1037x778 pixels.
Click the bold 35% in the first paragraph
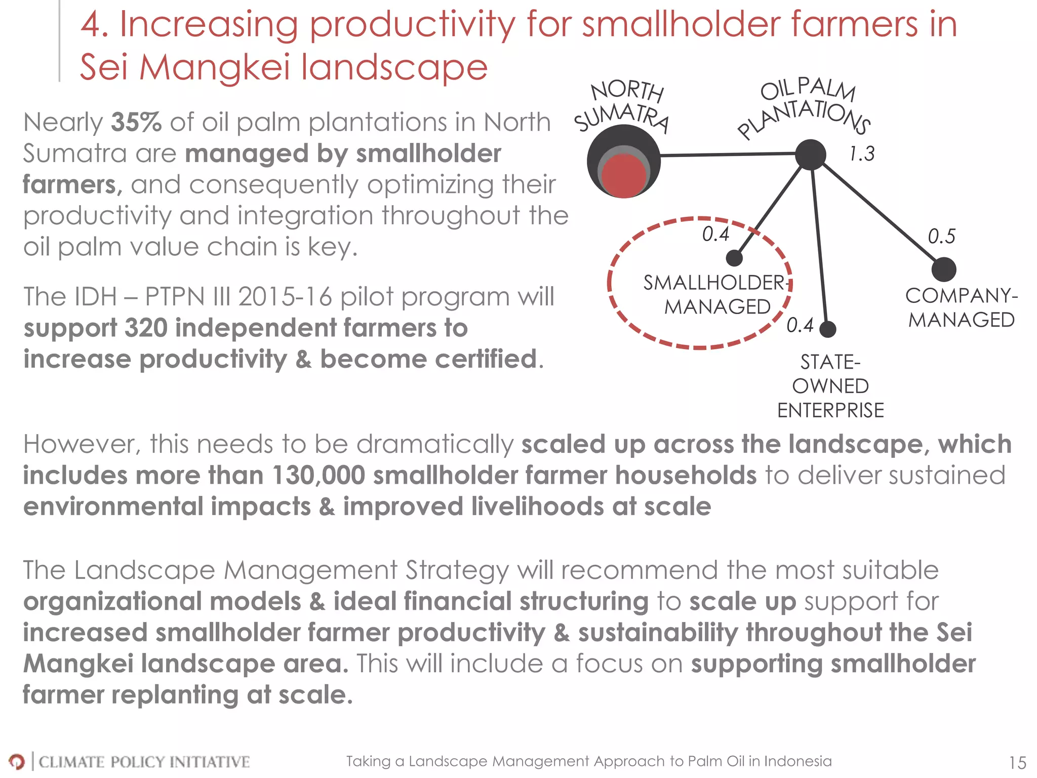136,122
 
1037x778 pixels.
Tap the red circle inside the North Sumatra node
625,175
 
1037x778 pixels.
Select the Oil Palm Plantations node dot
810,154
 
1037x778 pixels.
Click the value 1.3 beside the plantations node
861,153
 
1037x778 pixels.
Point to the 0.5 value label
941,237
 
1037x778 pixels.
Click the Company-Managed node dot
944,269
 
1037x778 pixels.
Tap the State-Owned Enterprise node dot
827,329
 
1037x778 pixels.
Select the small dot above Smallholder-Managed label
734,258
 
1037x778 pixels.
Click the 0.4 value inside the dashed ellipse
715,234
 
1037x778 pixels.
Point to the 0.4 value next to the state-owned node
800,325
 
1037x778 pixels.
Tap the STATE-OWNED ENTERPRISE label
830,386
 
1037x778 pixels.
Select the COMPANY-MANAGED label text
961,307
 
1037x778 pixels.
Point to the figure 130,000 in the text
318,476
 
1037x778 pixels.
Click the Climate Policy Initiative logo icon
17,761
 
